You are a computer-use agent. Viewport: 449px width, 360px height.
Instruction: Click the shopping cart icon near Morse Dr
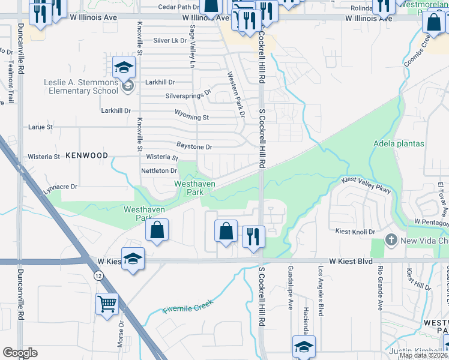coord(107,304)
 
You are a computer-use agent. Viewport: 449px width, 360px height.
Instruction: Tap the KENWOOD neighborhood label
coord(87,155)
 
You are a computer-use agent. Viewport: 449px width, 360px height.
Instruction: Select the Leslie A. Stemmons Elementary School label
coord(81,86)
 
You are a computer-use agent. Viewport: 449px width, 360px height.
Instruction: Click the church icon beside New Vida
coord(391,241)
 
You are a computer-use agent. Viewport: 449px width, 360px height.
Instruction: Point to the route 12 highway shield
coord(98,274)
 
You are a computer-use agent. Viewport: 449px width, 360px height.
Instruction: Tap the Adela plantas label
coord(399,144)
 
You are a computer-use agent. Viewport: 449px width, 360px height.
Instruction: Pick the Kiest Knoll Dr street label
coord(354,232)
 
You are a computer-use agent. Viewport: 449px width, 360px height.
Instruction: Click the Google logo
coord(20,353)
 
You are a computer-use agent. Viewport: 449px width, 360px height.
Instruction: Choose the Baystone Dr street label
coord(194,146)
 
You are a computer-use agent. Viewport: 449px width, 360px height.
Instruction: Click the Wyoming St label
coord(191,118)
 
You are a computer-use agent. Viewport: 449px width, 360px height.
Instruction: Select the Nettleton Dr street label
coord(158,171)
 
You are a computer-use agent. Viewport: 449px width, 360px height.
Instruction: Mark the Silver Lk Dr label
coord(170,41)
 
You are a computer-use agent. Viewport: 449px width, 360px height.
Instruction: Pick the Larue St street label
coord(41,127)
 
